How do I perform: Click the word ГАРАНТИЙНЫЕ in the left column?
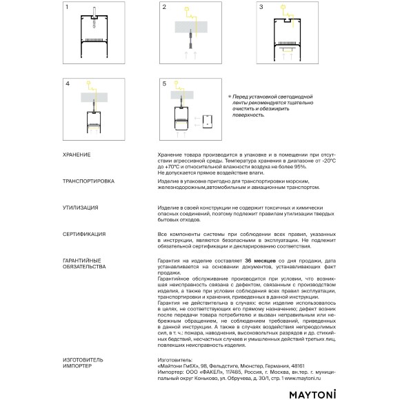[83, 260]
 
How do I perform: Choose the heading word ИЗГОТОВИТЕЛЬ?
[83, 360]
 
